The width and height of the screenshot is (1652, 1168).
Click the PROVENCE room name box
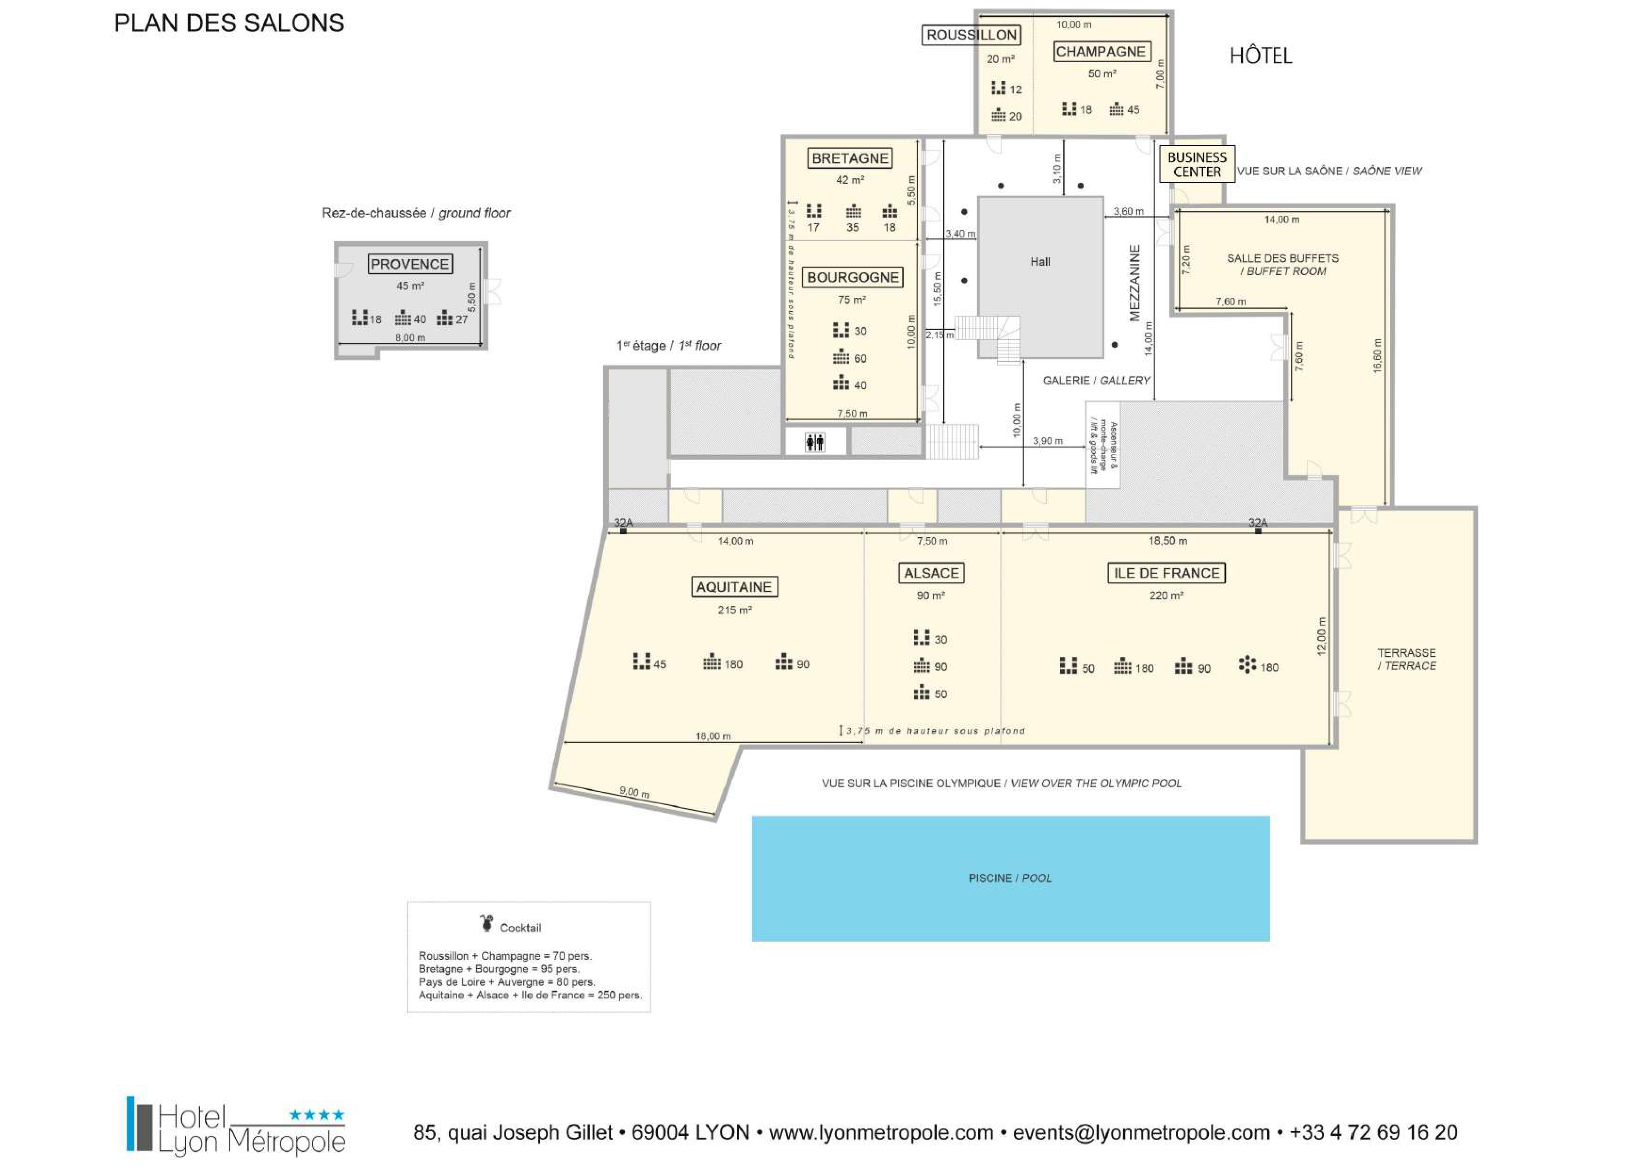410,264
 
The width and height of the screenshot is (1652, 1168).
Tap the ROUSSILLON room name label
972,34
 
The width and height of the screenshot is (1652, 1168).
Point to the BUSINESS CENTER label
1197,164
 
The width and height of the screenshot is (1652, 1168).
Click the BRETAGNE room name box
850,158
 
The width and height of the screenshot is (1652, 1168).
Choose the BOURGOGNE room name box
853,277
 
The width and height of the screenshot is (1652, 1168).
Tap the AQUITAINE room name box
734,587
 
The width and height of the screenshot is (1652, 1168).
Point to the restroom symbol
815,442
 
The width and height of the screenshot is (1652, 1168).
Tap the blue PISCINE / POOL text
1010,878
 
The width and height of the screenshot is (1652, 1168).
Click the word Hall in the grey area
1040,262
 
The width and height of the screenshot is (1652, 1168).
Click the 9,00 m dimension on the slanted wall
635,792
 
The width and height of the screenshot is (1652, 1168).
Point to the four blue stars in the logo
316,1115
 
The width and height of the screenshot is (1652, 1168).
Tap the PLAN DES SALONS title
229,23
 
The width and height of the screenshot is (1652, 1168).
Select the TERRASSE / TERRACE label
1407,659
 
